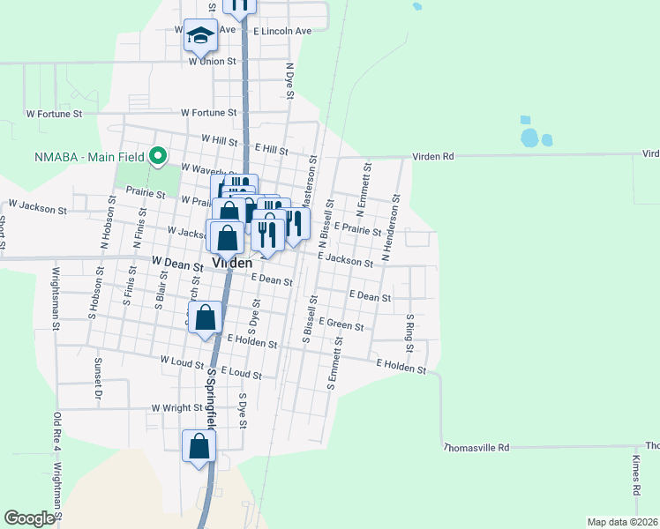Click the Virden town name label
(x=231, y=263)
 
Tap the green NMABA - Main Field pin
(x=159, y=156)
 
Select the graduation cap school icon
(x=200, y=36)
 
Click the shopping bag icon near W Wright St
(x=199, y=446)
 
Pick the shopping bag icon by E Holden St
(x=205, y=320)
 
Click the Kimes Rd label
(x=635, y=475)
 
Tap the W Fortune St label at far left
(x=54, y=114)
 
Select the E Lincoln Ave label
(x=282, y=31)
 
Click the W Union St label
(x=213, y=62)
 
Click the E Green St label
(x=341, y=326)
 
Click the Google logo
(x=28, y=518)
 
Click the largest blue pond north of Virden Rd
(x=529, y=138)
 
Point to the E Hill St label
(x=271, y=151)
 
